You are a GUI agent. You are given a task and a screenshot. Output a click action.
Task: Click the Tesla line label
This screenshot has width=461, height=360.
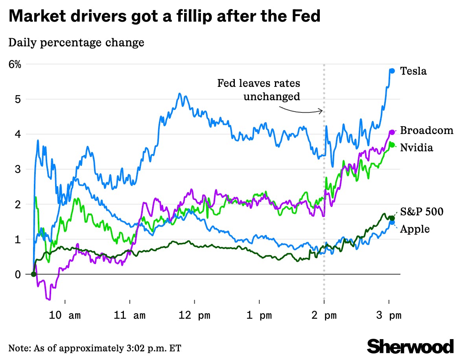[x=413, y=71]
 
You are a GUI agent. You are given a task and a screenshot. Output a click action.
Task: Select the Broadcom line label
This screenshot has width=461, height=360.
[x=426, y=131]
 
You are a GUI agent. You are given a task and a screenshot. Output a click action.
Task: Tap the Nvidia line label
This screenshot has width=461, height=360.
[x=416, y=148]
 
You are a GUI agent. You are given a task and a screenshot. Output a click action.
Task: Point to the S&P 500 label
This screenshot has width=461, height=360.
[x=422, y=212]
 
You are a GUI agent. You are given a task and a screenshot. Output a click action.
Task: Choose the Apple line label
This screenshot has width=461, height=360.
[x=415, y=229]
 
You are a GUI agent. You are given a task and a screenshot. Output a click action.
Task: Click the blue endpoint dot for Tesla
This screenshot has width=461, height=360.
[x=392, y=71]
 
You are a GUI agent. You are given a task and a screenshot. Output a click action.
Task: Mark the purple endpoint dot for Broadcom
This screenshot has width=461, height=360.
[x=392, y=132]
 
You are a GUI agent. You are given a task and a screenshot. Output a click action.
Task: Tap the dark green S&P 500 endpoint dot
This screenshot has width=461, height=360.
[x=392, y=218]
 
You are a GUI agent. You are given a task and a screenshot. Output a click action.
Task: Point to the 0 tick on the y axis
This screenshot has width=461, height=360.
[x=17, y=274]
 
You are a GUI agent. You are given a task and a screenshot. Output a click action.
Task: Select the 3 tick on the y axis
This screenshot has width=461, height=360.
[x=17, y=169]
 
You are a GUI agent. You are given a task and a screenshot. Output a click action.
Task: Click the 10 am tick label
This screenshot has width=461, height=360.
[x=65, y=316]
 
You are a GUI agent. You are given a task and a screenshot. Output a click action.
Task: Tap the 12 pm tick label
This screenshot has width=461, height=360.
[x=194, y=316]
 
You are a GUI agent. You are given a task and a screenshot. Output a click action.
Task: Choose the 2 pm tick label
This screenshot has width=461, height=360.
[x=324, y=316]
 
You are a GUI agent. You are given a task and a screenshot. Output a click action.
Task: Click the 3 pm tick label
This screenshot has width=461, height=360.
[x=389, y=316]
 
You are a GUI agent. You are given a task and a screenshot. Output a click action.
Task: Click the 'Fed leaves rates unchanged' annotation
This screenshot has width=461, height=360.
[x=259, y=90]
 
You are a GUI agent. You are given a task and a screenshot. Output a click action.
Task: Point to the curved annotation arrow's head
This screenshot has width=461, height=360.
[x=322, y=111]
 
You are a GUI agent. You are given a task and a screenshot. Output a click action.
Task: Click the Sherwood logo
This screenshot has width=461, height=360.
[x=410, y=346]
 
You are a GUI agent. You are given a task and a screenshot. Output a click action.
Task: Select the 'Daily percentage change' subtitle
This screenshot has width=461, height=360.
[x=76, y=42]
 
